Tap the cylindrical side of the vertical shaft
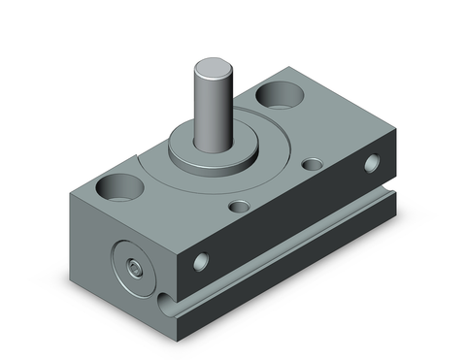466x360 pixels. pyautogui.click(x=211, y=107)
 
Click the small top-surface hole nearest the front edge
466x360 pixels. pyautogui.click(x=239, y=206)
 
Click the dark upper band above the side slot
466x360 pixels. pyautogui.click(x=291, y=213)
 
